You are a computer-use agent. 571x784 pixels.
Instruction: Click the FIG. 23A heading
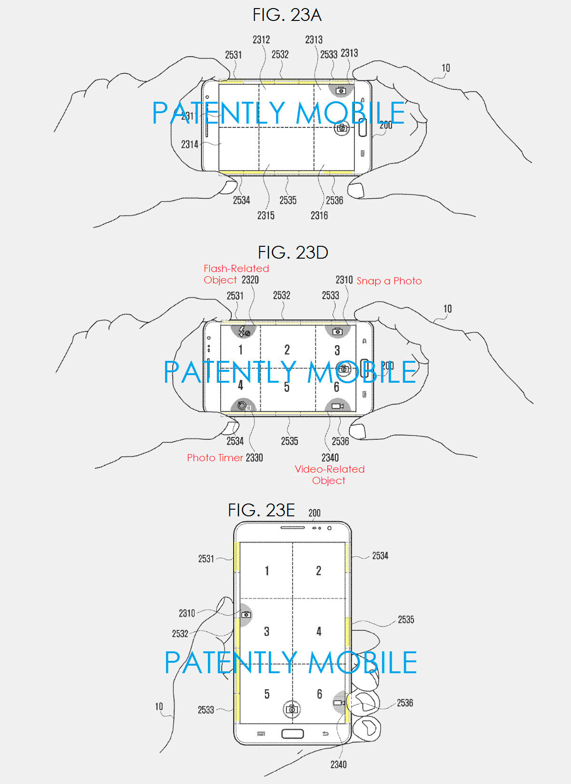287,15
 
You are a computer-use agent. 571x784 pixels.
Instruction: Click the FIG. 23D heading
293,252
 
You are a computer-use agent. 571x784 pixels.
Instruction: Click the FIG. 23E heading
261,510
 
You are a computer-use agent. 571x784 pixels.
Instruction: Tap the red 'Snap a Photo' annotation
389,281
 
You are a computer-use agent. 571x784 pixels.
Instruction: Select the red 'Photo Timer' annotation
215,458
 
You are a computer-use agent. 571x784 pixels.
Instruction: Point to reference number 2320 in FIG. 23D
250,280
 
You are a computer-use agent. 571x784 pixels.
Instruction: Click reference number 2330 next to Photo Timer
254,458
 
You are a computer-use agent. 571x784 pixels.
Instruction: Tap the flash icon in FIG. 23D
244,331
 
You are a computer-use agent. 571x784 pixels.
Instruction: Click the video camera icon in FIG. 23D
337,406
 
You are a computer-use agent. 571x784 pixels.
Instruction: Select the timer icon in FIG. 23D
243,406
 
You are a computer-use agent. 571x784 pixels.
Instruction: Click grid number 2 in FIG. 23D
287,350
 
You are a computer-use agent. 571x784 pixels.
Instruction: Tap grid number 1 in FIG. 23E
266,571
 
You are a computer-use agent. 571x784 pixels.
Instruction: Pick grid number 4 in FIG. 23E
319,631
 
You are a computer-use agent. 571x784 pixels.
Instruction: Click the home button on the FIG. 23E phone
292,733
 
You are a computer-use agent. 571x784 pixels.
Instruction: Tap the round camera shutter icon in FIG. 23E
292,709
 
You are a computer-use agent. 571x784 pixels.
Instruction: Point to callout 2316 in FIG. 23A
319,216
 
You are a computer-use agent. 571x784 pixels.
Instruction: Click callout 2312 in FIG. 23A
261,40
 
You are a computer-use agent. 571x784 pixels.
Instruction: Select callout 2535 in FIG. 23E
406,619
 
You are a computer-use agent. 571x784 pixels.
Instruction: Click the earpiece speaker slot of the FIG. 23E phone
292,527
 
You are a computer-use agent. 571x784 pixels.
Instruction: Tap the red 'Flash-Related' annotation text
236,269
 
